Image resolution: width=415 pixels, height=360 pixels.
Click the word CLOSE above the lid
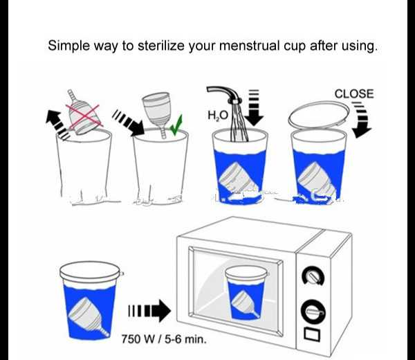point(354,94)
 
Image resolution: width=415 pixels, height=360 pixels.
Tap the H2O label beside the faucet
point(218,116)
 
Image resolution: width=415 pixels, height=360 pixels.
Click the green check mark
point(176,125)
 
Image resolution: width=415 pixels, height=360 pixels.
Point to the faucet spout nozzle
point(234,101)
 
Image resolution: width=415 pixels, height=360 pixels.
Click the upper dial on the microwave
point(313,276)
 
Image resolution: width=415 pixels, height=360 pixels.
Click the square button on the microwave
point(312,334)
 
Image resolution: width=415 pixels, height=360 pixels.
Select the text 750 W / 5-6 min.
point(164,339)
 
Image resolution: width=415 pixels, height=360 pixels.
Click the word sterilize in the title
point(161,46)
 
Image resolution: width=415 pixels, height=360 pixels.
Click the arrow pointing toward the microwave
point(149,311)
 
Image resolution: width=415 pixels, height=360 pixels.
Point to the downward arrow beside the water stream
point(254,107)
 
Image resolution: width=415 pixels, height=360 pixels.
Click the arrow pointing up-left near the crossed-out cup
point(57,124)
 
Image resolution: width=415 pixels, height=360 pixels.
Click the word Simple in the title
point(69,46)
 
